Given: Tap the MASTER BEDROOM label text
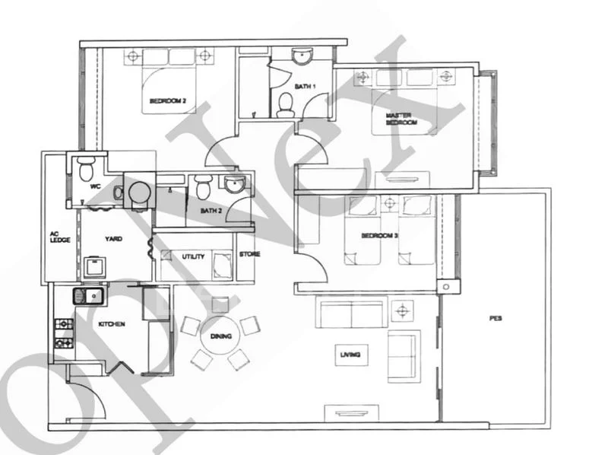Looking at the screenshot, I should [x=401, y=118].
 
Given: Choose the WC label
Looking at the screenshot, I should [x=95, y=186].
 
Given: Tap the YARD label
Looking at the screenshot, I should [x=113, y=239].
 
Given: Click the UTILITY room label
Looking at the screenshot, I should [x=192, y=257].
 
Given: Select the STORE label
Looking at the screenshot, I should [x=249, y=254].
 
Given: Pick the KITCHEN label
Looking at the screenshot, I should [x=111, y=324].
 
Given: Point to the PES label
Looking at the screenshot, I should [x=496, y=320].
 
